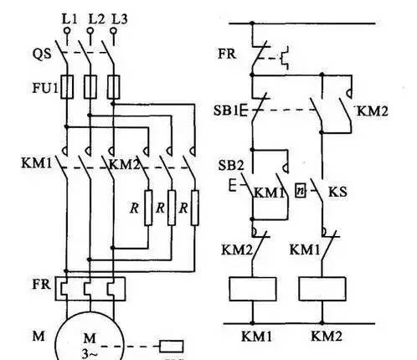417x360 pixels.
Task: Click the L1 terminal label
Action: click(x=69, y=19)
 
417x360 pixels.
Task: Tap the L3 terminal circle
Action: click(x=113, y=30)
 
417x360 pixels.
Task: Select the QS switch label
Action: click(x=42, y=54)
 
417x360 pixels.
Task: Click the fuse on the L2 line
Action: click(x=90, y=86)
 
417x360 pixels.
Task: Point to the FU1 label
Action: click(x=45, y=88)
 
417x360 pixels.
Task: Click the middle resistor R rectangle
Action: click(x=172, y=208)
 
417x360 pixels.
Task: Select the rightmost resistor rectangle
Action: click(x=195, y=208)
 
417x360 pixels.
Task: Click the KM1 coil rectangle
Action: click(x=253, y=289)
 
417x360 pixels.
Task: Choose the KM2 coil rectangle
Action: click(x=322, y=289)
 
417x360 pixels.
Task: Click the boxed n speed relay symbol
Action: click(x=301, y=190)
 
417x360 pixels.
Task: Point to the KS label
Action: click(x=337, y=192)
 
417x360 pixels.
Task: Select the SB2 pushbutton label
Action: click(x=231, y=165)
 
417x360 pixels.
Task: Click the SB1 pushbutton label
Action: click(x=226, y=111)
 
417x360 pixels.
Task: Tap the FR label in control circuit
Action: click(x=227, y=54)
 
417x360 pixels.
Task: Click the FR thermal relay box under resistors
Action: click(x=90, y=289)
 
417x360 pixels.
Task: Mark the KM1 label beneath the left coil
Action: click(x=256, y=336)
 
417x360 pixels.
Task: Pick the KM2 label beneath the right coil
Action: click(x=327, y=336)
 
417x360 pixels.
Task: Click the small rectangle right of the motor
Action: click(x=172, y=347)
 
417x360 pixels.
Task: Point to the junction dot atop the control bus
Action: click(x=252, y=23)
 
